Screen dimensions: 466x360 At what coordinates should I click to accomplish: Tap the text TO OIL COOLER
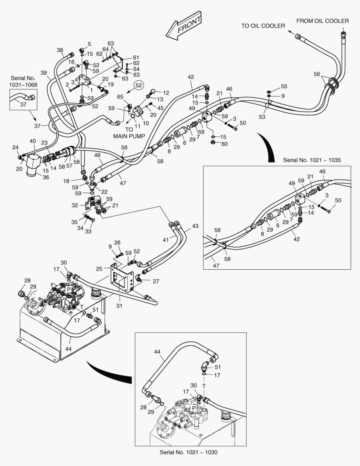(x=263, y=26)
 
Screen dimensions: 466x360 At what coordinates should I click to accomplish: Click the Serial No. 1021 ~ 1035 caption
(x=312, y=160)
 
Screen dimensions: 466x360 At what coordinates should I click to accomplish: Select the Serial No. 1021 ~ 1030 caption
(x=192, y=452)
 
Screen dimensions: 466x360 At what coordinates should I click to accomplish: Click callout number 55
(x=284, y=86)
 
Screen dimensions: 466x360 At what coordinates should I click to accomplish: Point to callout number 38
(x=59, y=50)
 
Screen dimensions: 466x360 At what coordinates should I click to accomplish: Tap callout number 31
(x=119, y=306)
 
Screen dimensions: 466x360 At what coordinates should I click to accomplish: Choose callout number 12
(x=166, y=93)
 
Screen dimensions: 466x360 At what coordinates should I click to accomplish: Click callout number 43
(x=195, y=226)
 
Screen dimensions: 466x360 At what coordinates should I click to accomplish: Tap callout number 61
(x=136, y=57)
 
